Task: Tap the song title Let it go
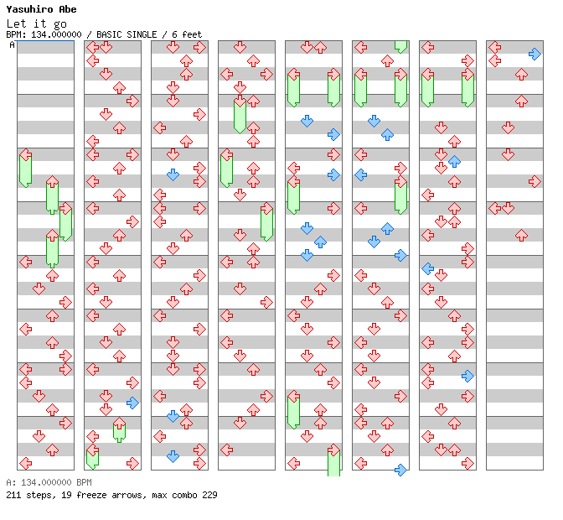(x=36, y=23)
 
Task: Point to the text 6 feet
(x=188, y=34)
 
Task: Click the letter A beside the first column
(x=13, y=45)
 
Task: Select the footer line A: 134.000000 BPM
(x=47, y=483)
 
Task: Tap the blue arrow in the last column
(x=535, y=54)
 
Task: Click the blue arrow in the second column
(x=132, y=403)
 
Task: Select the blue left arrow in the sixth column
(x=360, y=174)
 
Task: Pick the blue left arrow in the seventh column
(x=427, y=268)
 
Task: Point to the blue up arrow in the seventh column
(x=454, y=161)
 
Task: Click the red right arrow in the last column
(x=535, y=181)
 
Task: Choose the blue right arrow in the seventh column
(x=467, y=376)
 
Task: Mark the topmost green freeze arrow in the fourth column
(x=240, y=114)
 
